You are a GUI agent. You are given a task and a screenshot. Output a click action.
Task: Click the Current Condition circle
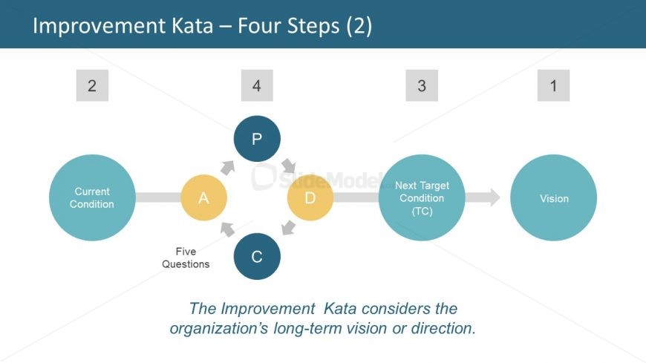pyautogui.click(x=92, y=197)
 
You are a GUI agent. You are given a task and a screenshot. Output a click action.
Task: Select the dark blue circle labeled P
pyautogui.click(x=257, y=139)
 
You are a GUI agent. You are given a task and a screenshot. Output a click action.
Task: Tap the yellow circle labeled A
pyautogui.click(x=203, y=197)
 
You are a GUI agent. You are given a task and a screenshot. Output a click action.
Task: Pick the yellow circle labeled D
pyautogui.click(x=310, y=197)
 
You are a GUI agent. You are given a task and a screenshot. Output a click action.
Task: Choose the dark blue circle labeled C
pyautogui.click(x=257, y=257)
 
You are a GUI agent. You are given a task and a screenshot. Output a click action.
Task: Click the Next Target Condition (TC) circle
pyautogui.click(x=422, y=197)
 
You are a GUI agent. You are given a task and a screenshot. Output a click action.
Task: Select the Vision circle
pyautogui.click(x=554, y=197)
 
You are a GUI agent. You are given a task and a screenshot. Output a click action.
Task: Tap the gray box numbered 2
pyautogui.click(x=92, y=85)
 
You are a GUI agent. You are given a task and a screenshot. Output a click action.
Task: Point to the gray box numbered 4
pyautogui.click(x=257, y=85)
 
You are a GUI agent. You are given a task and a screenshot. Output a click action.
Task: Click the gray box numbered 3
pyautogui.click(x=422, y=85)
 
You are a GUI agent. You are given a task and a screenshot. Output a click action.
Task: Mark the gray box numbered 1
pyautogui.click(x=553, y=85)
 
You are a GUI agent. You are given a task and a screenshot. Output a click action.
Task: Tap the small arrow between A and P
pyautogui.click(x=226, y=167)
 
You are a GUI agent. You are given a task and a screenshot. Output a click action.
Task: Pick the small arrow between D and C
pyautogui.click(x=289, y=228)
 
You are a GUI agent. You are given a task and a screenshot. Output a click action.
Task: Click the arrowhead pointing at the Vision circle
pyautogui.click(x=492, y=197)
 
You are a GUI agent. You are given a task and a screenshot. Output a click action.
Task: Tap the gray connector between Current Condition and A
pyautogui.click(x=158, y=197)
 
